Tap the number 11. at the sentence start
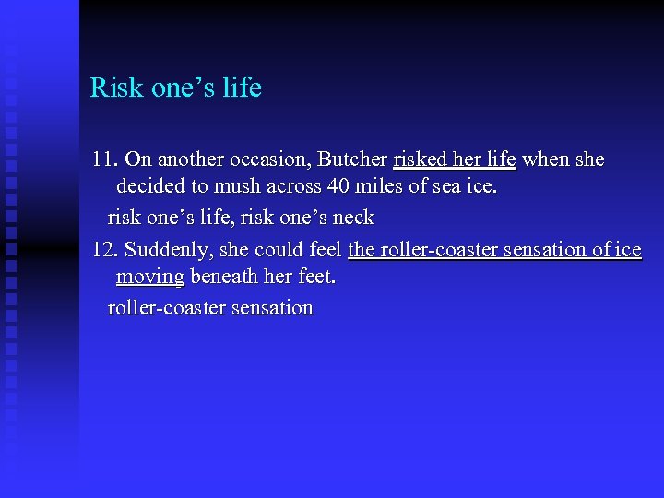tap(105, 160)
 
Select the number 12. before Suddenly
tap(105, 250)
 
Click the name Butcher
tap(355, 160)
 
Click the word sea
tap(448, 187)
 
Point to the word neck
tap(353, 218)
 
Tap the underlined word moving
tap(149, 278)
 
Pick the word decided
tap(151, 187)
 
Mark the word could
tap(281, 250)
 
